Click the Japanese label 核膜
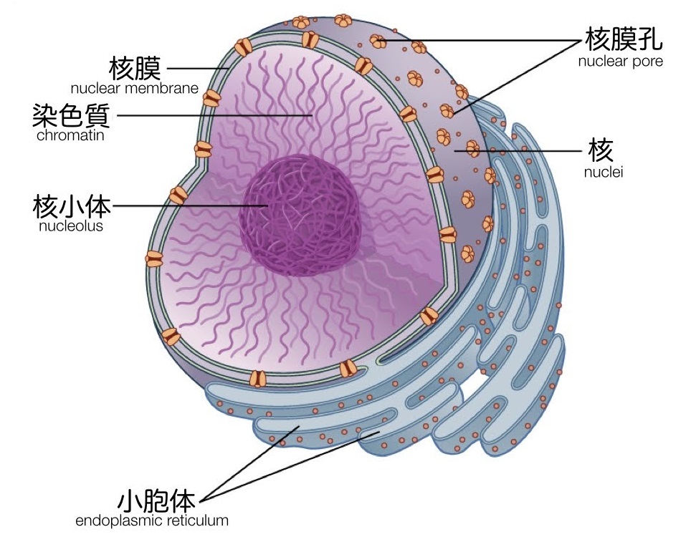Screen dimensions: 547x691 pyautogui.click(x=135, y=69)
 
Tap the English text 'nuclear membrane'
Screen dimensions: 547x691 pyautogui.click(x=134, y=89)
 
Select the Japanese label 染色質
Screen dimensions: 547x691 pyautogui.click(x=71, y=115)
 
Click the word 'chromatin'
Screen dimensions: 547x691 pyautogui.click(x=70, y=135)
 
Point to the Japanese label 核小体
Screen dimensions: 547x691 pyautogui.click(x=72, y=207)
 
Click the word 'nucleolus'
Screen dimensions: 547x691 pyautogui.click(x=70, y=226)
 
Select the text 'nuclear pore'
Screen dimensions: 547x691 pyautogui.click(x=620, y=61)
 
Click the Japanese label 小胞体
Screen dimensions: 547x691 pyautogui.click(x=156, y=499)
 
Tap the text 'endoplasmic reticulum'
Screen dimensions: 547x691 pyautogui.click(x=152, y=521)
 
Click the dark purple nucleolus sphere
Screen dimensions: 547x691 pyautogui.click(x=300, y=215)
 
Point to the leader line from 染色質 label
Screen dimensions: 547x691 pyautogui.click(x=215, y=115)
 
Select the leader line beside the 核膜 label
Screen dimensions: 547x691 pyautogui.click(x=197, y=69)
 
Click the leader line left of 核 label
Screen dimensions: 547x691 pyautogui.click(x=523, y=151)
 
